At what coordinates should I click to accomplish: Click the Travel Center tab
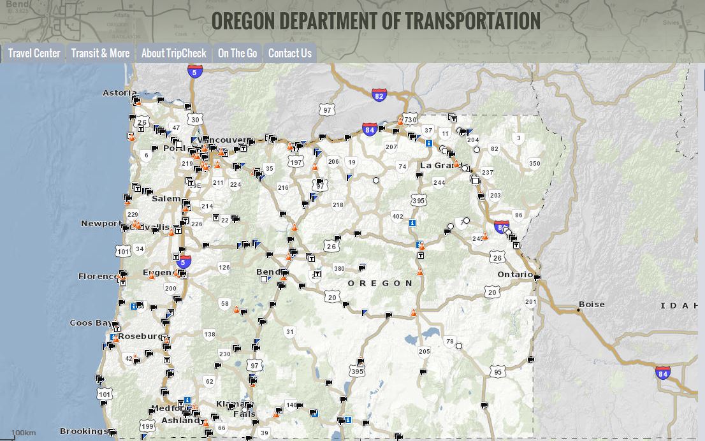[x=34, y=54]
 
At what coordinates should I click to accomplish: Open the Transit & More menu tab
[x=100, y=54]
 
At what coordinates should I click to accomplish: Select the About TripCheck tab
[x=173, y=54]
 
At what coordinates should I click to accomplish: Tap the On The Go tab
[x=237, y=54]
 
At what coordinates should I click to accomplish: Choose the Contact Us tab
[x=289, y=54]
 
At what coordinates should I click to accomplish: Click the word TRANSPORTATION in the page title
[x=472, y=21]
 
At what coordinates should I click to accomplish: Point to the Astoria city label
[x=120, y=93]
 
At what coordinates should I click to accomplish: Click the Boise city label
[x=592, y=305]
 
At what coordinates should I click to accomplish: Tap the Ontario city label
[x=514, y=275]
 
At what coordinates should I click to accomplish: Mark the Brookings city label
[x=84, y=431]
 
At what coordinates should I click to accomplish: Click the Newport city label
[x=101, y=224]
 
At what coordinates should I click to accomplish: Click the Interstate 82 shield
[x=379, y=96]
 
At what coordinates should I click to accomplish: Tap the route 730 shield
[x=410, y=119]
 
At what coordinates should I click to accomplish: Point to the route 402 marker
[x=398, y=217]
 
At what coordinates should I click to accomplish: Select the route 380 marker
[x=339, y=269]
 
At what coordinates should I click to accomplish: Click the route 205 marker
[x=425, y=351]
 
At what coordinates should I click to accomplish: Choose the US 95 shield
[x=498, y=372]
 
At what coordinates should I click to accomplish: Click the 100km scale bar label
[x=23, y=433]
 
